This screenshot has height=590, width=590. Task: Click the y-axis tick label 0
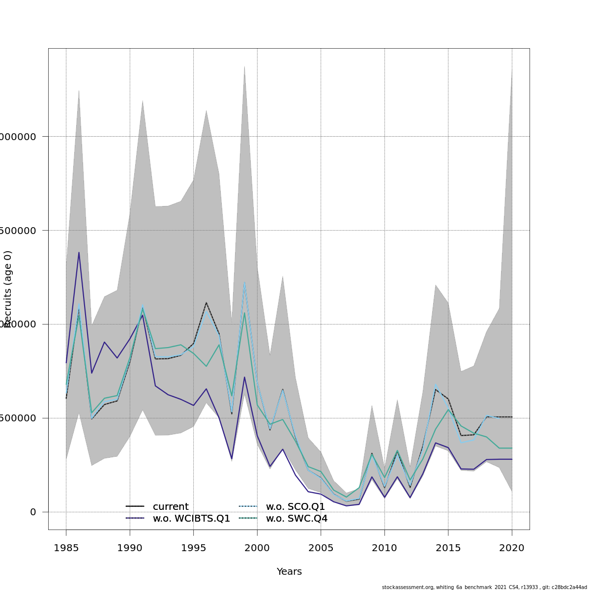(33, 512)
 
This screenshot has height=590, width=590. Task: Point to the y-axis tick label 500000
(20, 418)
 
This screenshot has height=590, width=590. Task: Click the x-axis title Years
(289, 572)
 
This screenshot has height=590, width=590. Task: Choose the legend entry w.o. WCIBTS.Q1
(191, 519)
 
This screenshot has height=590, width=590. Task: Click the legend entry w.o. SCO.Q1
(295, 506)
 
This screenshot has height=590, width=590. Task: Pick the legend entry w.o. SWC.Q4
(296, 519)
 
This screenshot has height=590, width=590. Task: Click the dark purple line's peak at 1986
(79, 252)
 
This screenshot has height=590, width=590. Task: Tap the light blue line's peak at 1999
(244, 282)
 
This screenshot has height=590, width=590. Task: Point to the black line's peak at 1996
(206, 302)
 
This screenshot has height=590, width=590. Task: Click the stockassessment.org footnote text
(484, 587)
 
